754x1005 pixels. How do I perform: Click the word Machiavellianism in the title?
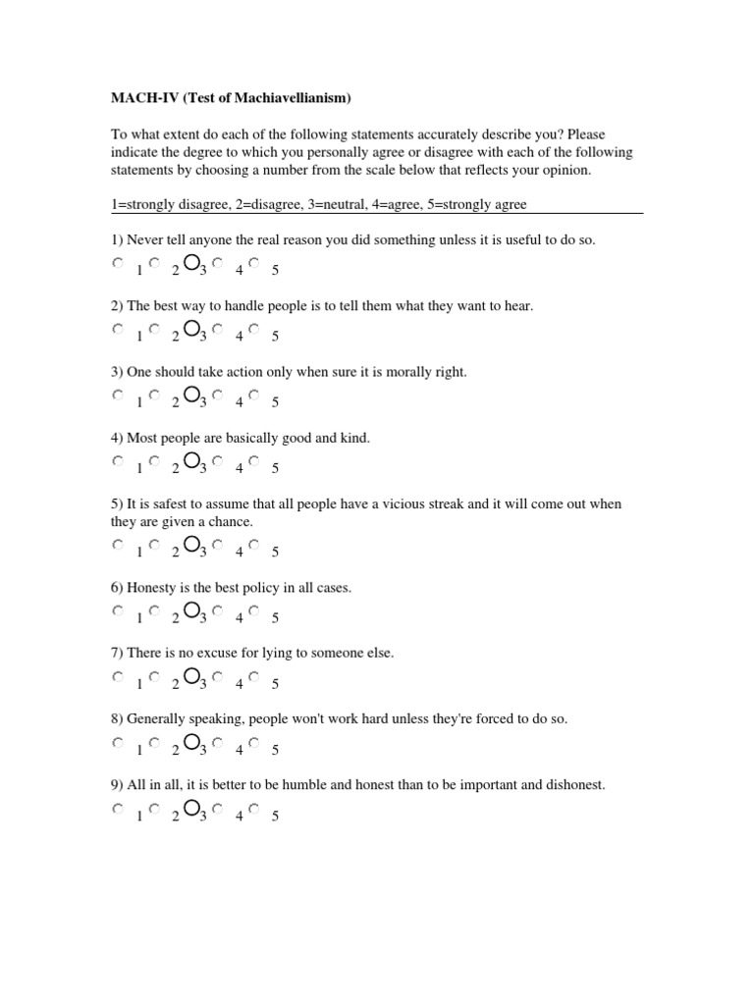[x=292, y=98]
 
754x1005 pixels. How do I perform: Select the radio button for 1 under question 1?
[x=118, y=263]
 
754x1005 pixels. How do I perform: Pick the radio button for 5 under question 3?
[x=253, y=395]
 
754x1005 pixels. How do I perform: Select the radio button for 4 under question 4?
[x=217, y=460]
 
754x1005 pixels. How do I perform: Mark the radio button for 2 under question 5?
[x=154, y=545]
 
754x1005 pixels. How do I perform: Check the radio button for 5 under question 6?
[x=253, y=610]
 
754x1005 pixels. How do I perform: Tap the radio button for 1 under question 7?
[x=118, y=676]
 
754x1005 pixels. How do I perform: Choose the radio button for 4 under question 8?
[x=217, y=742]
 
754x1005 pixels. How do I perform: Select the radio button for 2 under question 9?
[x=154, y=809]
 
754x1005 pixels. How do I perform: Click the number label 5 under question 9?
[x=276, y=817]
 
